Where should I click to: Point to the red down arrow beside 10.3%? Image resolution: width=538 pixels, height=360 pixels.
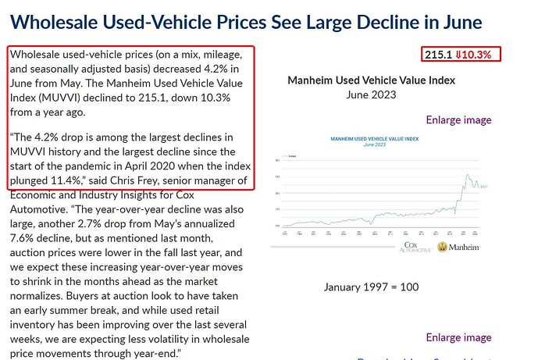pyautogui.click(x=459, y=55)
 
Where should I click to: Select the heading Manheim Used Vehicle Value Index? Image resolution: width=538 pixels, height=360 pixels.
pyautogui.click(x=371, y=80)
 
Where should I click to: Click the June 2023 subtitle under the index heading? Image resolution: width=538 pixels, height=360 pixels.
pyautogui.click(x=371, y=94)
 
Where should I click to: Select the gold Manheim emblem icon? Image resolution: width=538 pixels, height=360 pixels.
pyautogui.click(x=443, y=247)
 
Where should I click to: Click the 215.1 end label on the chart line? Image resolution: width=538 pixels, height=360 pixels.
pyautogui.click(x=484, y=186)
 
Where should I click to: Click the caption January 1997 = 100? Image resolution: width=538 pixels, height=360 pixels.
pyautogui.click(x=371, y=287)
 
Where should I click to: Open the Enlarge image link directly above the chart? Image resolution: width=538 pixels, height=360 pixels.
pyautogui.click(x=458, y=119)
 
